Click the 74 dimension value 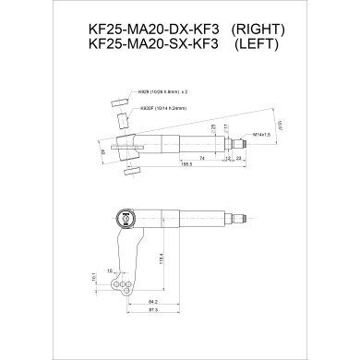point(202,158)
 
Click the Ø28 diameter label point(213,126)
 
